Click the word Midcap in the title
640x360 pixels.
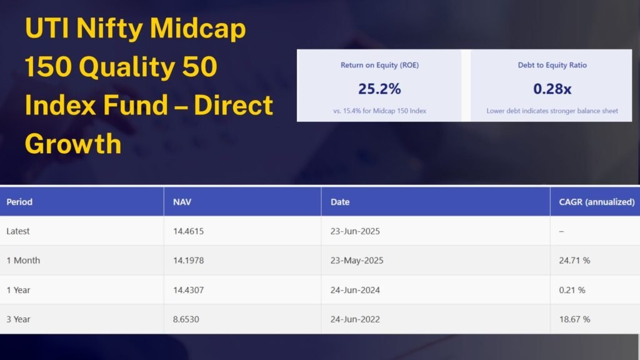coord(197,29)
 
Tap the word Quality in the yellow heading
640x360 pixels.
coord(127,67)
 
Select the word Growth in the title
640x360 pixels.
coord(73,144)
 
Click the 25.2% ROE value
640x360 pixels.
coord(379,89)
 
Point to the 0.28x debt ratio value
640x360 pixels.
coord(552,89)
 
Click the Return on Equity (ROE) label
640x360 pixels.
coord(379,65)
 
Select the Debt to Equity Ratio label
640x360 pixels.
coord(552,65)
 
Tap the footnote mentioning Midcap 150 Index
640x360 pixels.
coord(379,111)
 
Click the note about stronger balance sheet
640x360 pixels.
coord(552,111)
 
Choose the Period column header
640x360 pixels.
coord(19,202)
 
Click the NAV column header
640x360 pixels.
coord(182,202)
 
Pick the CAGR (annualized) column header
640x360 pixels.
coord(597,202)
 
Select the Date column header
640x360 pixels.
coord(340,202)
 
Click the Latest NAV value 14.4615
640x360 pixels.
coord(188,231)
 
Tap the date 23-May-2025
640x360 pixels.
coord(357,261)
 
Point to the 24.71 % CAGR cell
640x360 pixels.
coord(574,261)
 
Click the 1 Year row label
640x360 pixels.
coord(18,290)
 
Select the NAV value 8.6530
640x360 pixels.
coord(186,319)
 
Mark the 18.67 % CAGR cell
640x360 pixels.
coord(574,319)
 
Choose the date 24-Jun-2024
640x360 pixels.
coord(355,290)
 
